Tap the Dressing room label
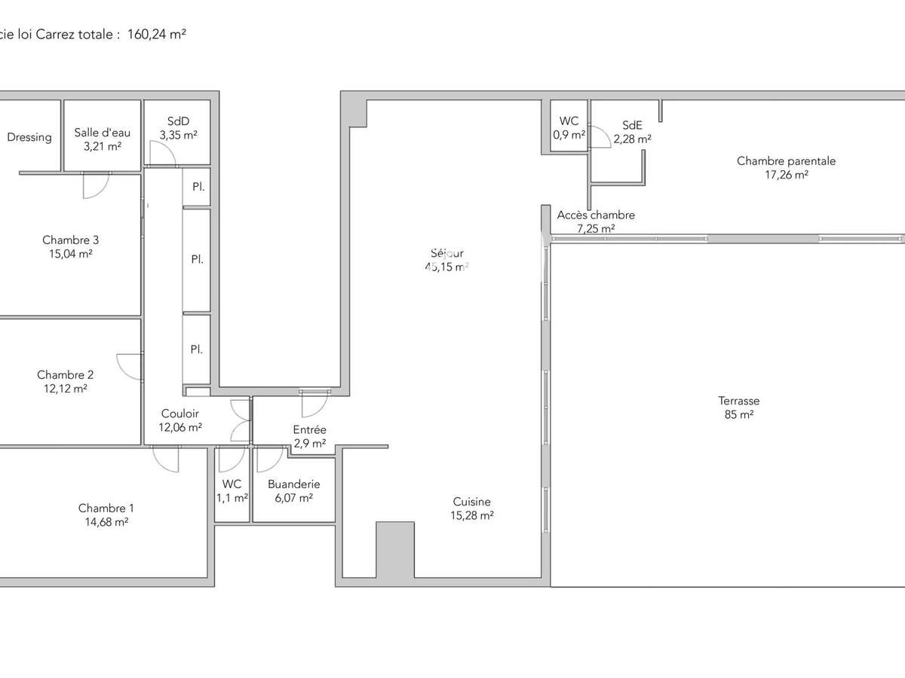29,137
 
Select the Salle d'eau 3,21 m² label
103,139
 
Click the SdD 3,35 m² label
178,128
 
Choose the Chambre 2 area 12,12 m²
65,389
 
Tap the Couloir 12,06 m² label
180,420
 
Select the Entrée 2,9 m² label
309,436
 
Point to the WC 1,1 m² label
232,491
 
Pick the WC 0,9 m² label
569,128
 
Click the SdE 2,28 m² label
632,132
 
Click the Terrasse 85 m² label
738,408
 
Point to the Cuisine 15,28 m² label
473,508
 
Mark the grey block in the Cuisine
394,549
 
